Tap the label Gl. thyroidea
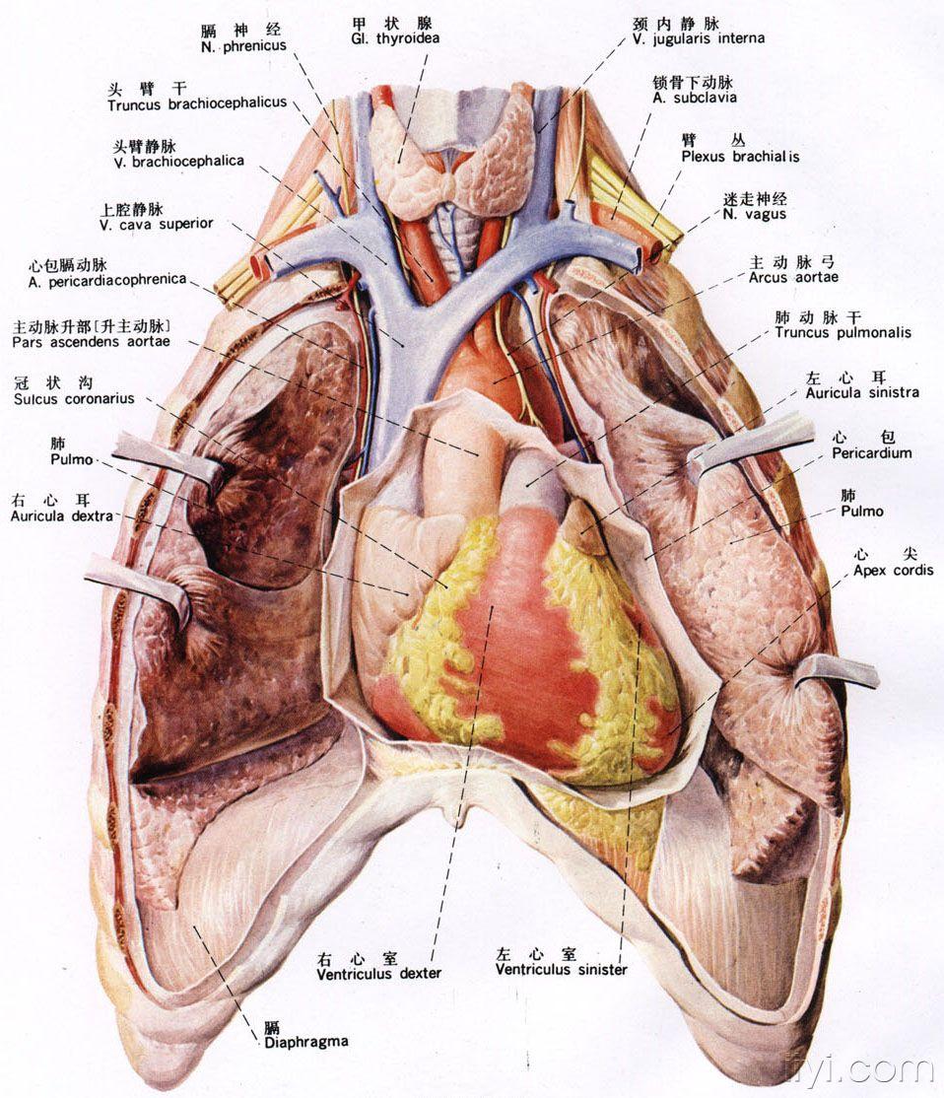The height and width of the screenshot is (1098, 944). pyautogui.click(x=394, y=38)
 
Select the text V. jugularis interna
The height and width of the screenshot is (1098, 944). pyautogui.click(x=699, y=38)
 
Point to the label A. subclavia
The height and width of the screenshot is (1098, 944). pyautogui.click(x=694, y=98)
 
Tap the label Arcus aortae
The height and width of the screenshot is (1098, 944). pyautogui.click(x=793, y=278)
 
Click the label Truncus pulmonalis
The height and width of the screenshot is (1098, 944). pyautogui.click(x=843, y=332)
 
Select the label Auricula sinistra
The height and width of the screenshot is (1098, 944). pyautogui.click(x=861, y=392)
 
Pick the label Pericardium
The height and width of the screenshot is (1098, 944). pyautogui.click(x=871, y=453)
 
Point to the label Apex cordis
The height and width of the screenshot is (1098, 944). pyautogui.click(x=894, y=570)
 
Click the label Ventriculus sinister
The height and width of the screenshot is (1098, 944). pyautogui.click(x=561, y=969)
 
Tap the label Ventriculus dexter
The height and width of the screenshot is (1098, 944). pyautogui.click(x=379, y=973)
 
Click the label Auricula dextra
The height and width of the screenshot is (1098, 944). pyautogui.click(x=60, y=515)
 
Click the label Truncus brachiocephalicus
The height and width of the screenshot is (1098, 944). pyautogui.click(x=197, y=103)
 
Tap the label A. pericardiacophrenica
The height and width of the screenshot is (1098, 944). pyautogui.click(x=107, y=280)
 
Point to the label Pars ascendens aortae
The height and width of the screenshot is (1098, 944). pyautogui.click(x=92, y=341)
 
